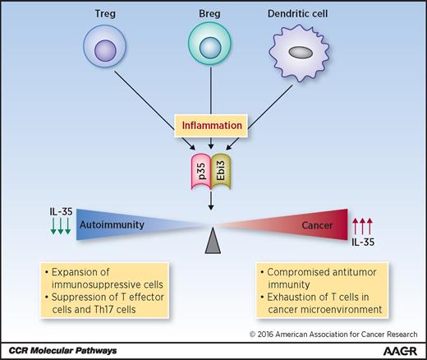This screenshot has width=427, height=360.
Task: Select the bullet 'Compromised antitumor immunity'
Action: [x=307, y=276]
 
